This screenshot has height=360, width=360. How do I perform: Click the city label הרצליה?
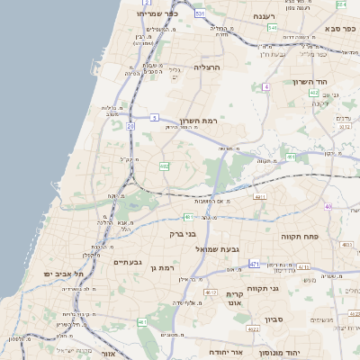click(x=206, y=67)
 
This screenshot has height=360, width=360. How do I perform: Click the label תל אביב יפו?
click(x=64, y=273)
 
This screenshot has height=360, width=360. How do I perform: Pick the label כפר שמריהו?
click(x=158, y=14)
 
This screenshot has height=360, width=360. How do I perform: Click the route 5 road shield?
click(x=155, y=117)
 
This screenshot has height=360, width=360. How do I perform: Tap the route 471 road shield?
click(x=255, y=264)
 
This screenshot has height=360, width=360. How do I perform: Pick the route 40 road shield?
click(x=328, y=207)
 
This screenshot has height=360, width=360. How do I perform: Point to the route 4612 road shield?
click(x=211, y=292)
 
